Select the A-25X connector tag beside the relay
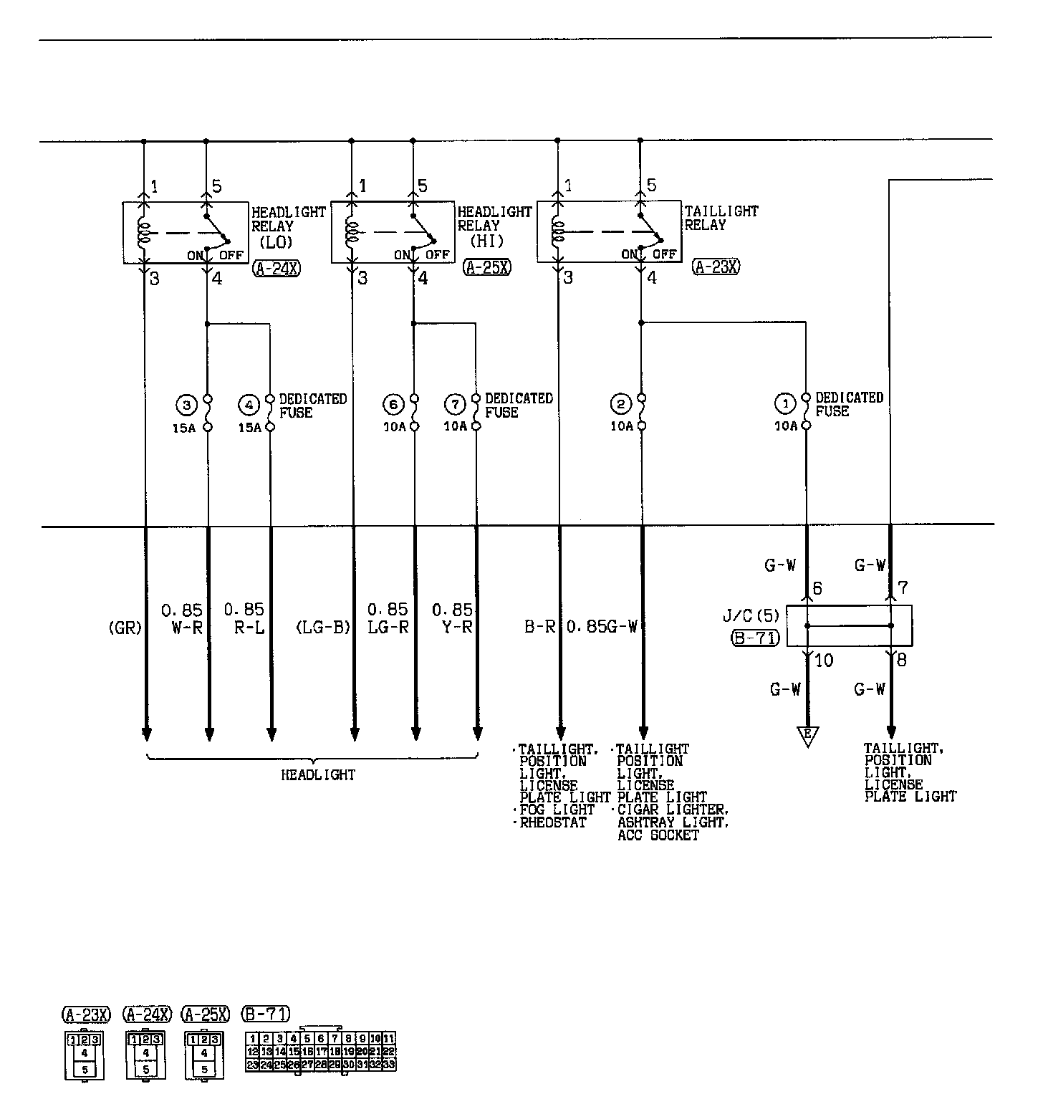[487, 268]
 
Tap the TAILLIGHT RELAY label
[721, 218]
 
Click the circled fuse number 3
[186, 405]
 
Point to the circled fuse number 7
[456, 405]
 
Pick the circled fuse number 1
[786, 405]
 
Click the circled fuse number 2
[621, 405]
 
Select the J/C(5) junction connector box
[849, 625]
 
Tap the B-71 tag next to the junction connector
[755, 638]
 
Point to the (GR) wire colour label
[125, 628]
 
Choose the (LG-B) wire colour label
[323, 628]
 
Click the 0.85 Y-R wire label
[452, 619]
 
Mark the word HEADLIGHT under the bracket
[318, 774]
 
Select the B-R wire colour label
[541, 628]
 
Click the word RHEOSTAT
[552, 822]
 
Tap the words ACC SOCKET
[658, 835]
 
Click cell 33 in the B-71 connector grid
[389, 1065]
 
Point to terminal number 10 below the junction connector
[825, 661]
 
